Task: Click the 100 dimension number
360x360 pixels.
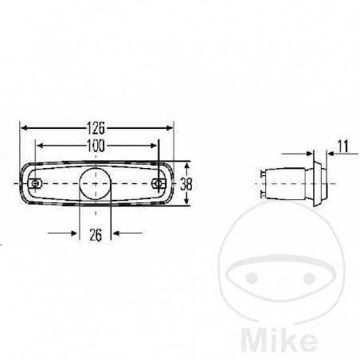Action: point(97,146)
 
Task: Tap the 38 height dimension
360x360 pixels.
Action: point(186,183)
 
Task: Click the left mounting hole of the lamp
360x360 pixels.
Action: point(36,183)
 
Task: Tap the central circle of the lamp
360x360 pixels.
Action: point(96,183)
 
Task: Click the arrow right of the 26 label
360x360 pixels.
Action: point(116,233)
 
